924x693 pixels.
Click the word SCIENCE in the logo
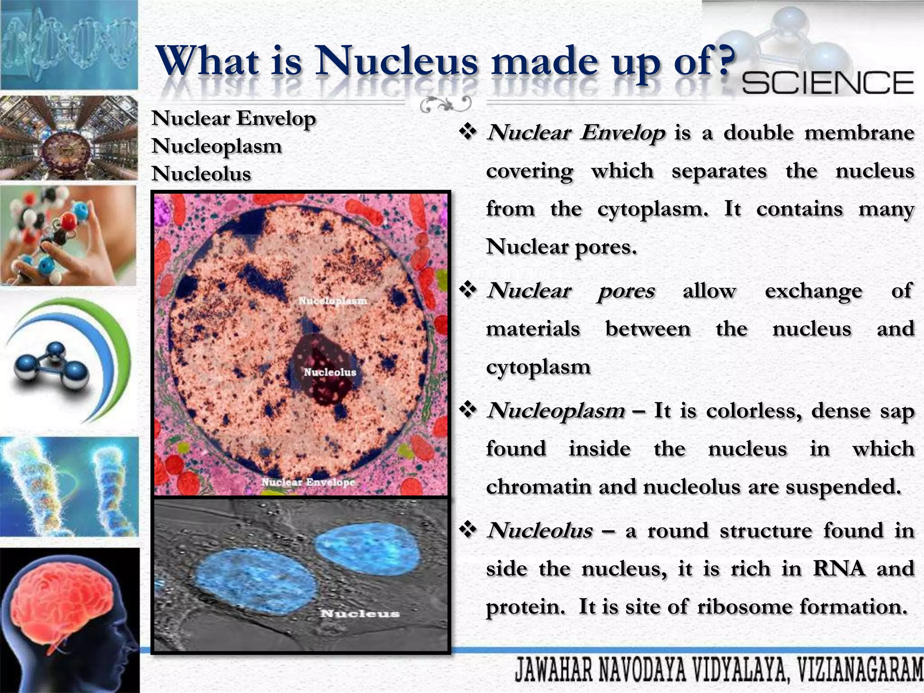[x=827, y=83]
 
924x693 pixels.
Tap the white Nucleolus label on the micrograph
[x=330, y=372]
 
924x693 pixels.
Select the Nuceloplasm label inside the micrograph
[x=333, y=300]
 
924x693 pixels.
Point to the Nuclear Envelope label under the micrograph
[x=309, y=482]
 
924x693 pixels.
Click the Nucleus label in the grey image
[x=360, y=613]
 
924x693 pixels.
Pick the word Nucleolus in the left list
[x=201, y=174]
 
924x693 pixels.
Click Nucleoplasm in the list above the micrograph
[x=217, y=146]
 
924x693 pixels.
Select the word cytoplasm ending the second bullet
[x=538, y=366]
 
